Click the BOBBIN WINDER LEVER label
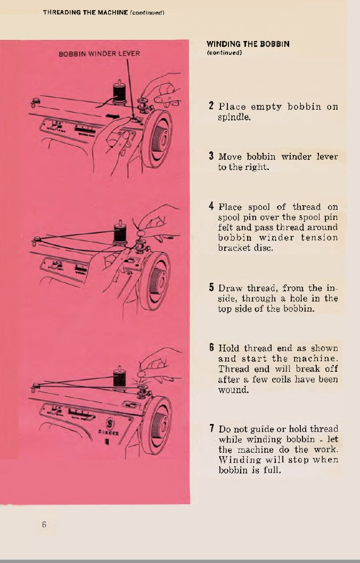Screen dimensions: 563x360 click(x=100, y=54)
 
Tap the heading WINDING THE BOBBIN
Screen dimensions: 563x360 click(x=248, y=44)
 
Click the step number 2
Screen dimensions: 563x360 click(x=211, y=106)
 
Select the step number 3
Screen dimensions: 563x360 click(x=211, y=157)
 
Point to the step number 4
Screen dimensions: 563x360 click(x=211, y=206)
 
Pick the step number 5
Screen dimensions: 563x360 click(x=211, y=288)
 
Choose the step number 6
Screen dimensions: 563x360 click(x=211, y=348)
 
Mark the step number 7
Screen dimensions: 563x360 click(x=211, y=429)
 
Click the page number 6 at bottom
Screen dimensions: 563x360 click(x=44, y=524)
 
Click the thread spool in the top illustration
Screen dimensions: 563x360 click(x=119, y=92)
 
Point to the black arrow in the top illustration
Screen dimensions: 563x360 click(x=112, y=115)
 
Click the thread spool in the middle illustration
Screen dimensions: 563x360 click(x=120, y=233)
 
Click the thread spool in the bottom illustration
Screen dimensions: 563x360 click(x=120, y=377)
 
